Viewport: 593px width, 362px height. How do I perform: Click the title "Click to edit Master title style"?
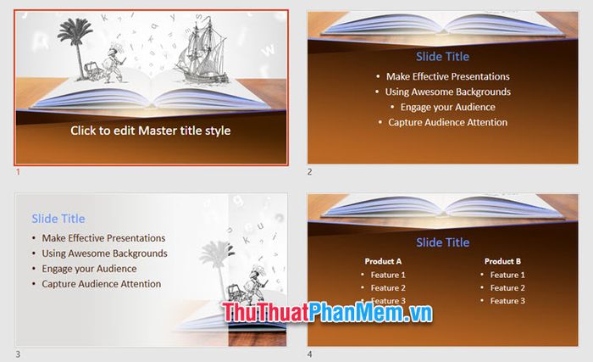tap(151, 131)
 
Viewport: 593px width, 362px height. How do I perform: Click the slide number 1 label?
tap(18, 172)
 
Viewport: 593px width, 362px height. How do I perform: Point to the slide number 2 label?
tap(310, 172)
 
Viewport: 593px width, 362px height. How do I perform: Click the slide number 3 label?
tap(18, 354)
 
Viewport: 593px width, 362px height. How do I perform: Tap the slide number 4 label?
tap(310, 354)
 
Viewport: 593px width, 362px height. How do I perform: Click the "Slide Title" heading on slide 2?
tap(442, 57)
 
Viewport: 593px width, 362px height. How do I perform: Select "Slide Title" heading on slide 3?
tap(58, 219)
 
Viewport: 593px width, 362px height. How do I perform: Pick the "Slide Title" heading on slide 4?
tap(443, 242)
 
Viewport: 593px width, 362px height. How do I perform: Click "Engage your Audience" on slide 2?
tap(448, 107)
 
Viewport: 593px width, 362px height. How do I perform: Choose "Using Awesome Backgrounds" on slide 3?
tap(104, 253)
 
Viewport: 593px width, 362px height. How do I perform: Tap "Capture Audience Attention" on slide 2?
tap(448, 122)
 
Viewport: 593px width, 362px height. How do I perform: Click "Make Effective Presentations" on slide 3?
tap(103, 237)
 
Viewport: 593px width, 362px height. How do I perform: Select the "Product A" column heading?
tap(383, 261)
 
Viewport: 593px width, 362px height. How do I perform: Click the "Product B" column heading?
tap(502, 261)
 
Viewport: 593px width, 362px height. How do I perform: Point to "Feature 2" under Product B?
tap(507, 287)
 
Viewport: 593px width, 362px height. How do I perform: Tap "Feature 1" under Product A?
tap(388, 275)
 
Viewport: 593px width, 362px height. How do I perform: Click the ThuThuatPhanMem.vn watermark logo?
tap(327, 313)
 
